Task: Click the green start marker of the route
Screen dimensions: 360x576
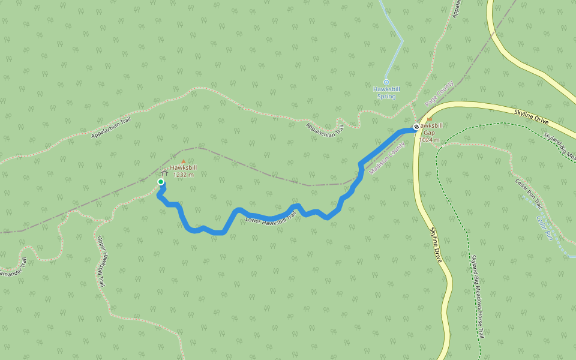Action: click(x=161, y=182)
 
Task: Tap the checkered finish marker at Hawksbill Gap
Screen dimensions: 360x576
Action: click(x=416, y=127)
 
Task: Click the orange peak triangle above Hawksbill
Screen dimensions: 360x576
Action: click(x=184, y=161)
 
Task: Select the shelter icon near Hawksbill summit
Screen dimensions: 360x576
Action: click(x=163, y=174)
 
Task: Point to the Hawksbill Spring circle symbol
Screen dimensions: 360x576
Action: click(x=386, y=82)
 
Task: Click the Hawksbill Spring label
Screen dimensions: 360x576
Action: click(x=386, y=92)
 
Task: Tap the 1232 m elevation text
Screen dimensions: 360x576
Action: click(x=183, y=175)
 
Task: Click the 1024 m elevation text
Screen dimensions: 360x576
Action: click(x=429, y=140)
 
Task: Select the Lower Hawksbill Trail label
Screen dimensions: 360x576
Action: click(x=271, y=220)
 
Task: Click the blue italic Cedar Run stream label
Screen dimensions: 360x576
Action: click(x=544, y=229)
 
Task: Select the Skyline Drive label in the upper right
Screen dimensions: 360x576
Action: click(x=532, y=116)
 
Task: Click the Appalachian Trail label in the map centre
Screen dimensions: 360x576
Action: click(x=325, y=128)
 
